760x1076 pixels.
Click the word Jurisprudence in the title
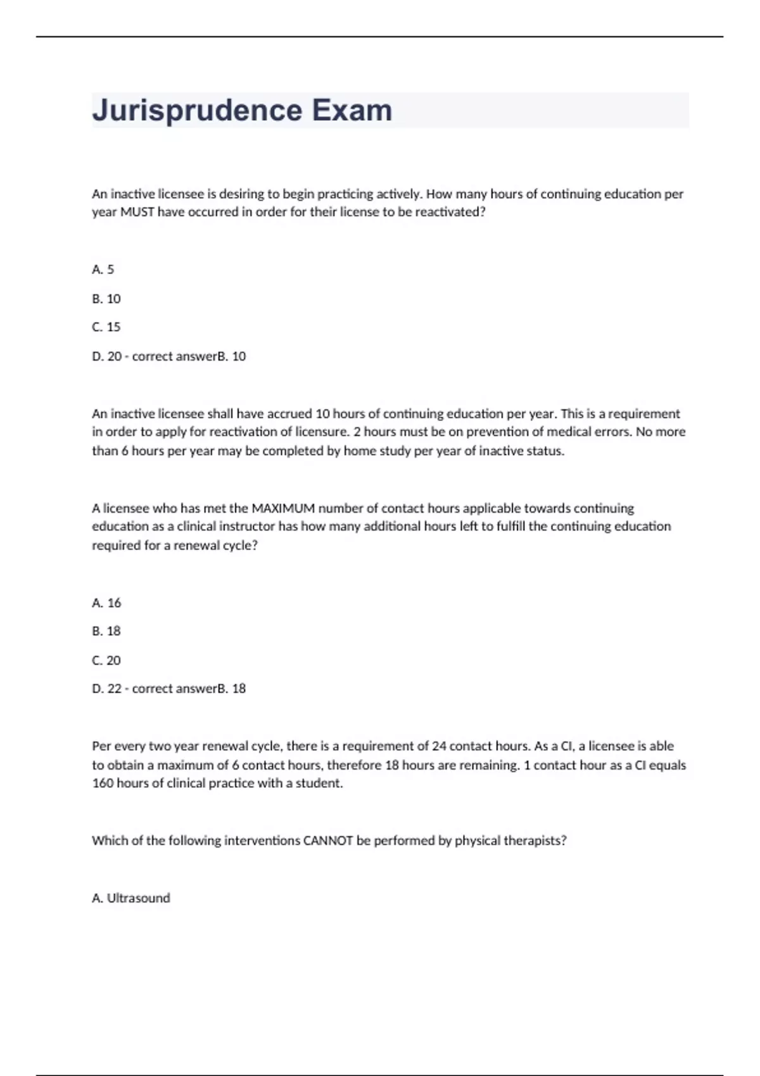coord(197,111)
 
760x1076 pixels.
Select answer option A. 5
coord(103,270)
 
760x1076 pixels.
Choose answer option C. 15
coord(106,327)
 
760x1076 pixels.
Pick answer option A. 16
coord(106,603)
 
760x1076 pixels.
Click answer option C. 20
coord(106,661)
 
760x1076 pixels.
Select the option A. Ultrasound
coord(131,898)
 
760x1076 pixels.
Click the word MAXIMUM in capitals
coord(284,508)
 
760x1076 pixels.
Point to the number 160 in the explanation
coord(103,784)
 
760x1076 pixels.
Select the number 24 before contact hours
coord(439,746)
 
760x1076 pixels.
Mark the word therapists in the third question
coord(536,841)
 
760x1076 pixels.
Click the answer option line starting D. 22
coord(168,689)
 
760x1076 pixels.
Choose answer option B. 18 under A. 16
coord(106,631)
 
